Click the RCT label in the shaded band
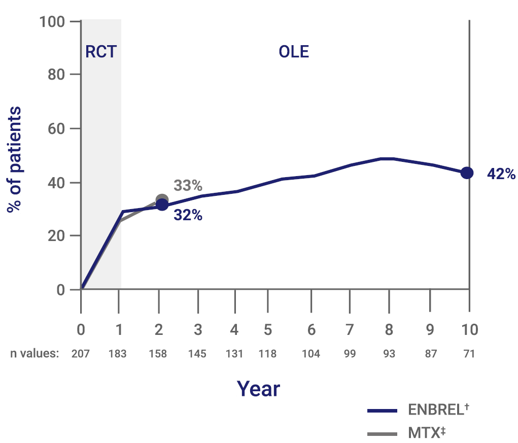(100, 52)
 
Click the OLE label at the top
(294, 52)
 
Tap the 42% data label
(501, 174)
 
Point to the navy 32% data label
(188, 215)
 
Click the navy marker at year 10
(467, 173)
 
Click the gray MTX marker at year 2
(162, 200)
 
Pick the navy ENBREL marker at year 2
(162, 205)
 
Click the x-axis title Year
(258, 389)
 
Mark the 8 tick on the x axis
(389, 329)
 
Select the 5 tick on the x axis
(267, 329)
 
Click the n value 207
(81, 354)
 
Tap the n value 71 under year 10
(469, 354)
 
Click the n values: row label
(34, 354)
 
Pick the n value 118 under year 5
(267, 354)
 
